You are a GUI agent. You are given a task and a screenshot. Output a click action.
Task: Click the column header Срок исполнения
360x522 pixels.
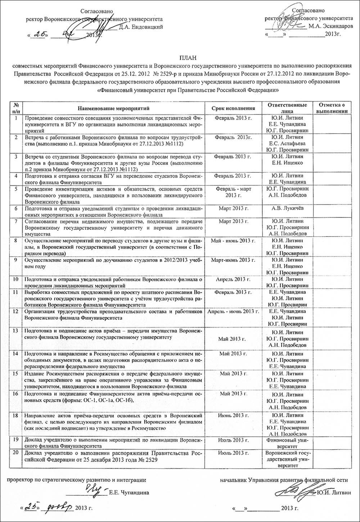233,108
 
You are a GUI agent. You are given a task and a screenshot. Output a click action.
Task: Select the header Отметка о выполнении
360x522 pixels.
332,108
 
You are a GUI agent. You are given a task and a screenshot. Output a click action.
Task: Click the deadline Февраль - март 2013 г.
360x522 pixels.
233,192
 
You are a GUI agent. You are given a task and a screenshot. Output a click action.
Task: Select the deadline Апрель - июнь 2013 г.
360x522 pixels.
233,311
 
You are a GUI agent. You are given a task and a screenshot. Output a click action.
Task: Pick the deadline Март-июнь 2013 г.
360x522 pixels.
233,260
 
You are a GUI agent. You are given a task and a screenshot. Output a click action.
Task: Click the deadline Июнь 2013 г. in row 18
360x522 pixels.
233,415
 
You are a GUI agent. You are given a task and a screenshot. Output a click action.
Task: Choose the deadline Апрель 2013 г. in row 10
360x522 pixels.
233,279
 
